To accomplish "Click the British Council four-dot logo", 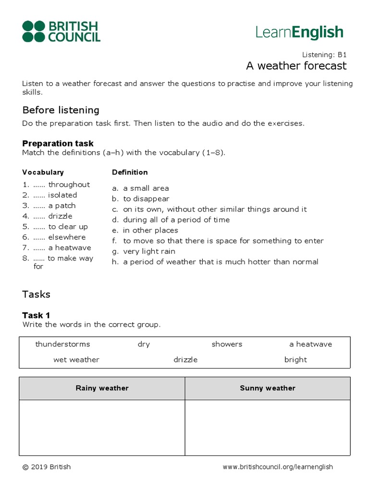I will tap(34, 31).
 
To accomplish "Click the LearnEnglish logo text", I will tap(299, 33).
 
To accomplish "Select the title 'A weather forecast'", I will tap(296, 66).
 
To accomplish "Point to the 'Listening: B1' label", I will tap(324, 55).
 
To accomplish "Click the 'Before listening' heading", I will tap(61, 110).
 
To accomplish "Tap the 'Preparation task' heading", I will tap(58, 143).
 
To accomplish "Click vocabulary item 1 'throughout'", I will tap(69, 184).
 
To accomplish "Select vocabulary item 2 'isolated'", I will tap(62, 195).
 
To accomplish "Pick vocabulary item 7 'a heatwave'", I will tap(69, 247).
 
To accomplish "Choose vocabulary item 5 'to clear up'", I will tap(68, 226).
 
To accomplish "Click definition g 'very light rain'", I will tap(149, 251).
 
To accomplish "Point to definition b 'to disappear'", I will tap(146, 198).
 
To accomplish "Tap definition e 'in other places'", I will tap(150, 230).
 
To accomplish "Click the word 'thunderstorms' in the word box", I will tap(62, 344).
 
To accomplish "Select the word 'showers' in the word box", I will tap(227, 344).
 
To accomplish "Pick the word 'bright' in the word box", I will tap(295, 359).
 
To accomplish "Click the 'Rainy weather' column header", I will tap(102, 388).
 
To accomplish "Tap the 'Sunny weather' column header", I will tap(268, 388).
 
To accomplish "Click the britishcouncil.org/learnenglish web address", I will tap(278, 467).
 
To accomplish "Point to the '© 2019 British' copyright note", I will tap(47, 467).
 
